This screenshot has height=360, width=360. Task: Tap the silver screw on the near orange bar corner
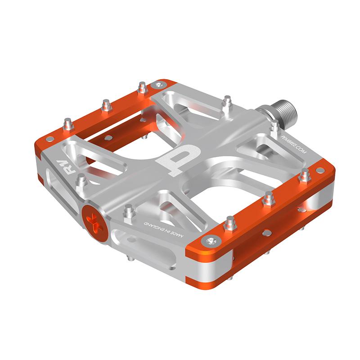click(x=211, y=241)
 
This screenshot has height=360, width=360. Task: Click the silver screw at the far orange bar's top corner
click(x=158, y=84)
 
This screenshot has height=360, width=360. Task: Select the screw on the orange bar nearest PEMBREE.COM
click(x=320, y=171)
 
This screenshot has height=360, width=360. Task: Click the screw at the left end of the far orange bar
click(x=50, y=139)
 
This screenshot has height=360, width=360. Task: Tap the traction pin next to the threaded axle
click(x=274, y=126)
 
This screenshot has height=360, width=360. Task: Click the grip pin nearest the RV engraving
click(x=82, y=181)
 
